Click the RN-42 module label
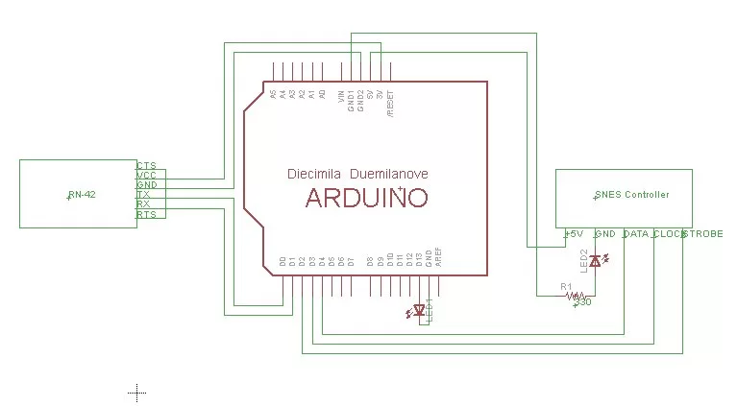point(83,195)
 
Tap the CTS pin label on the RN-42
point(146,165)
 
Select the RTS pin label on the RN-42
point(146,215)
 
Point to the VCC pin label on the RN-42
point(146,176)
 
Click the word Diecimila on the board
point(314,175)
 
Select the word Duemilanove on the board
point(388,175)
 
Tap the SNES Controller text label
point(631,195)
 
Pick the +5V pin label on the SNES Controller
point(573,233)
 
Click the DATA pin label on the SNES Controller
point(635,233)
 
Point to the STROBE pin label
point(703,233)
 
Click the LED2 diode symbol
point(595,260)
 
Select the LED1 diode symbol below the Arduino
point(418,310)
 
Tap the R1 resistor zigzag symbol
point(574,296)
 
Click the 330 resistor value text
point(581,303)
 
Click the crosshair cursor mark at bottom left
point(136,391)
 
